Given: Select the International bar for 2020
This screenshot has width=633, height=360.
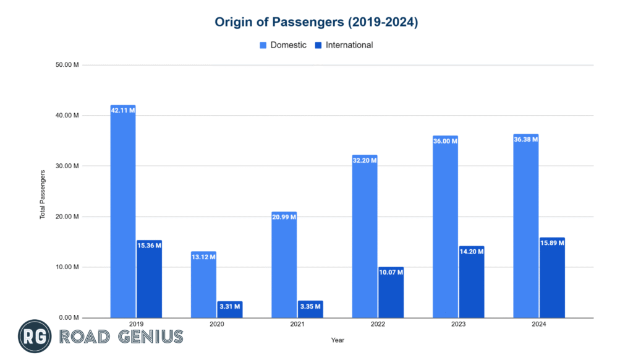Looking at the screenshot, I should (229, 309).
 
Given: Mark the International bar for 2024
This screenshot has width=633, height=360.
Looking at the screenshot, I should (552, 278).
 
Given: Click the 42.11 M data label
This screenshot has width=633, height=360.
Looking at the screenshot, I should (123, 110).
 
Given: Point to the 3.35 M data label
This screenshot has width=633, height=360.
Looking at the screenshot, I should (310, 306).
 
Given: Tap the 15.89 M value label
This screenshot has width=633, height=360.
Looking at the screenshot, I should (552, 243).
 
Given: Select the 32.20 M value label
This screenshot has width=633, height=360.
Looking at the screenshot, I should (365, 160).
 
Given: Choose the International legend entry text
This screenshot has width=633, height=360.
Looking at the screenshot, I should (349, 45).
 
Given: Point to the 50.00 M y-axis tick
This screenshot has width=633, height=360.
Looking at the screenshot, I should (67, 65).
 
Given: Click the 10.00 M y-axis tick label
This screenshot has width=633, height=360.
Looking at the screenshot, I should (67, 267).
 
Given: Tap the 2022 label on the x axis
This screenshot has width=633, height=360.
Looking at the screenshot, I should (378, 324).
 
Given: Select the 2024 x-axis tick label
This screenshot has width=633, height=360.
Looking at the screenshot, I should (539, 324).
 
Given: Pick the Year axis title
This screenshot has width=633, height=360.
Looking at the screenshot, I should (338, 340).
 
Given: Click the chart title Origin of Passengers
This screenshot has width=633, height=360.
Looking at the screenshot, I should (316, 22).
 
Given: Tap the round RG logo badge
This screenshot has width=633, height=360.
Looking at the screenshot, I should (35, 336).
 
